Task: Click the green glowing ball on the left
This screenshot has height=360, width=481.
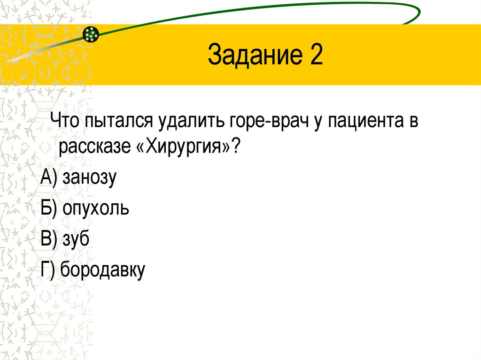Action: click(x=91, y=34)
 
